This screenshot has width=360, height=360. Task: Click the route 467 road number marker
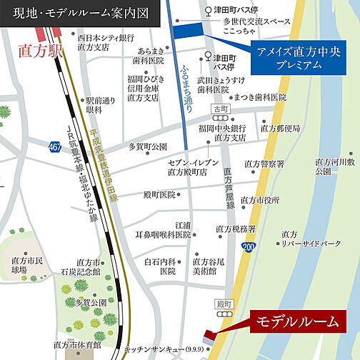point(56,146)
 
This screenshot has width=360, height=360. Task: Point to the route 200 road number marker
point(247,246)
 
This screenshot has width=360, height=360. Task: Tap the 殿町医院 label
point(159,194)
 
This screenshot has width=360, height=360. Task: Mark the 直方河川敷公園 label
point(333,166)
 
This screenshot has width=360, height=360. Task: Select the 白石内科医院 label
point(160,266)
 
